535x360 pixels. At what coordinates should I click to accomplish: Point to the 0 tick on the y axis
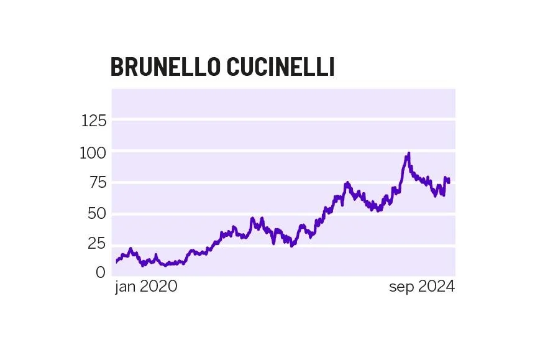pos(101,272)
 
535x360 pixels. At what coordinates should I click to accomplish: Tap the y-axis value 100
pos(93,152)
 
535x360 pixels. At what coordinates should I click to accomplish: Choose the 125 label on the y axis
pos(94,121)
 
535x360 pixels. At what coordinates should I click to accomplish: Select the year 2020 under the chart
pos(158,287)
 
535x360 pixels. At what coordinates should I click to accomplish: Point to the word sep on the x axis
pos(402,287)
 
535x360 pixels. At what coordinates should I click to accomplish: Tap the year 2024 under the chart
pos(436,287)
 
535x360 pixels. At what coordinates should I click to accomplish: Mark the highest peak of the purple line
pos(408,153)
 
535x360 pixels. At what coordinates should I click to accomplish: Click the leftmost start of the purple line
pos(116,262)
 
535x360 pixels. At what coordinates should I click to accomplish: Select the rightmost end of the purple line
pos(449,182)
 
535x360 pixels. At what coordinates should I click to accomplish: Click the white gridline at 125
pos(283,119)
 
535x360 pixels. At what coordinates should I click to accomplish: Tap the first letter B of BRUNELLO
pos(116,67)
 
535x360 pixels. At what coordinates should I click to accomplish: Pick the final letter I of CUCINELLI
pos(331,67)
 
